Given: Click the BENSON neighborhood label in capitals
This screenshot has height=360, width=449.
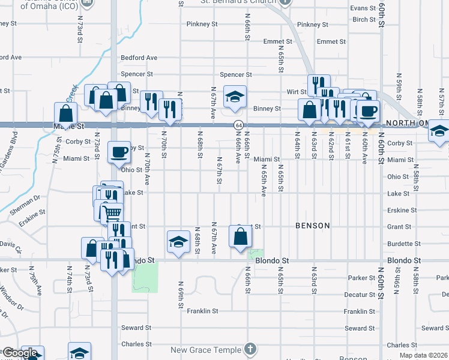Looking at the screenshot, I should click(312, 226).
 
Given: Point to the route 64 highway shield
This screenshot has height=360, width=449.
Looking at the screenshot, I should click(238, 124).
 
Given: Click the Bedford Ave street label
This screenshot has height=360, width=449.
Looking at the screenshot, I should click(139, 58).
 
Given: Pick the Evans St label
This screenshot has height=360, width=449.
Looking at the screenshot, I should click(363, 8).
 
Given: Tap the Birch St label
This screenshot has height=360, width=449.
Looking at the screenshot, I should click(364, 19).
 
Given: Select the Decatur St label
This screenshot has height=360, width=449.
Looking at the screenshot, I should click(360, 295).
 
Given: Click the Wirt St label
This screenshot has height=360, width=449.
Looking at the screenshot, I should click(297, 92).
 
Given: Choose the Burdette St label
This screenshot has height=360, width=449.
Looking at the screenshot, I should click(404, 244).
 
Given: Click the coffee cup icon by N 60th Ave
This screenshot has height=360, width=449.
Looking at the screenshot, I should click(369, 110).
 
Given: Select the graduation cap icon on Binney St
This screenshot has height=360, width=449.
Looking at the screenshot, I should click(235, 95).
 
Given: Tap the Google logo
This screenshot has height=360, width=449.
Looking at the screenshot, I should click(20, 353).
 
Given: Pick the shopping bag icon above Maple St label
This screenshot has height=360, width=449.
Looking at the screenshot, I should click(65, 112).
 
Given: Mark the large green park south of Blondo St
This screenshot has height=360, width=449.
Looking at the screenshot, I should click(145, 277).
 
